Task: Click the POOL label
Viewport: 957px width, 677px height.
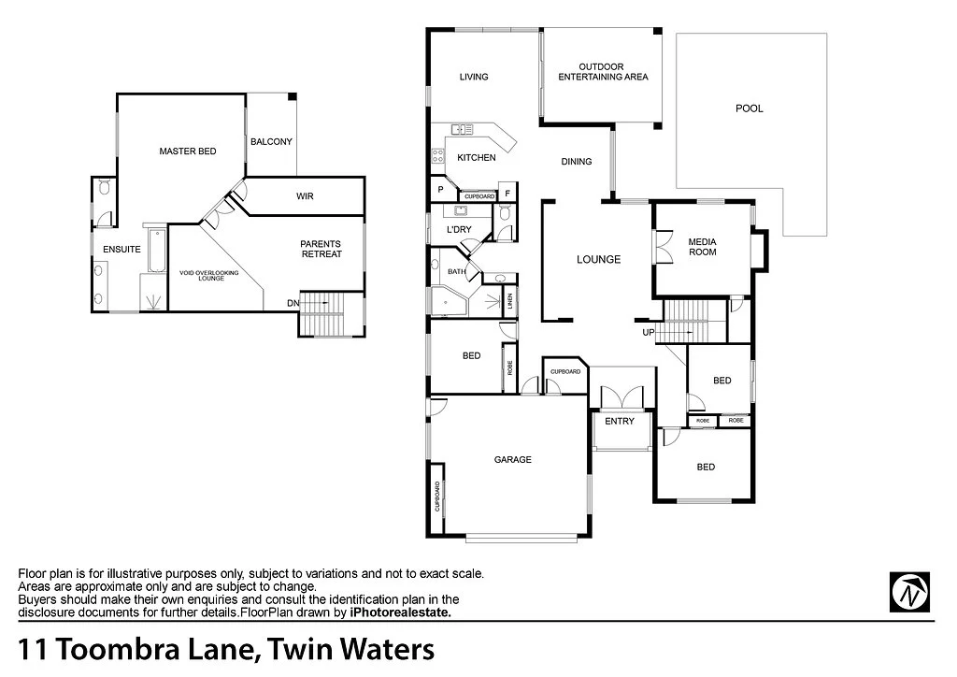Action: click(749, 108)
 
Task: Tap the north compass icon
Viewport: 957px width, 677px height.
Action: click(909, 591)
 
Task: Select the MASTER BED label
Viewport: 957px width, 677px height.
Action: click(187, 151)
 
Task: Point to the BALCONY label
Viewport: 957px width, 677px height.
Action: click(271, 142)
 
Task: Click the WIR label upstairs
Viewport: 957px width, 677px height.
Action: click(305, 196)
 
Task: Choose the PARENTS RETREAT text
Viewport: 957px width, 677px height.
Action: click(321, 249)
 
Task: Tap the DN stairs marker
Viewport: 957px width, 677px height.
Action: click(293, 303)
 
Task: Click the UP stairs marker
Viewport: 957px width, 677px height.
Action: click(649, 332)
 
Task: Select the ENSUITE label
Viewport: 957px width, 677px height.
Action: click(122, 250)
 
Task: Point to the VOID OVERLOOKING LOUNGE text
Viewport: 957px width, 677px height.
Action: click(209, 276)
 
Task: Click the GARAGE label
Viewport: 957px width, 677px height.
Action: click(512, 459)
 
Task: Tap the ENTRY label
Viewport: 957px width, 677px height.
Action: click(620, 421)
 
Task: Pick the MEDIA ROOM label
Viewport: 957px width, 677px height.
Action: click(703, 247)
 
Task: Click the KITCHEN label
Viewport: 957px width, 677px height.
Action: click(477, 158)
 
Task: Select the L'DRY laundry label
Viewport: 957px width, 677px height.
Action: click(458, 229)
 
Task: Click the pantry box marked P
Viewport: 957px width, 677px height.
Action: click(440, 190)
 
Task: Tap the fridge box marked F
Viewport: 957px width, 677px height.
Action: click(507, 194)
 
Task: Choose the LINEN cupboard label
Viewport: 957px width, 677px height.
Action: click(509, 301)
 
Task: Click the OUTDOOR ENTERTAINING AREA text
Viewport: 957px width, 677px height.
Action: click(603, 72)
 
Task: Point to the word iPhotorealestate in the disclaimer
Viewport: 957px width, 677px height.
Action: click(400, 612)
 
